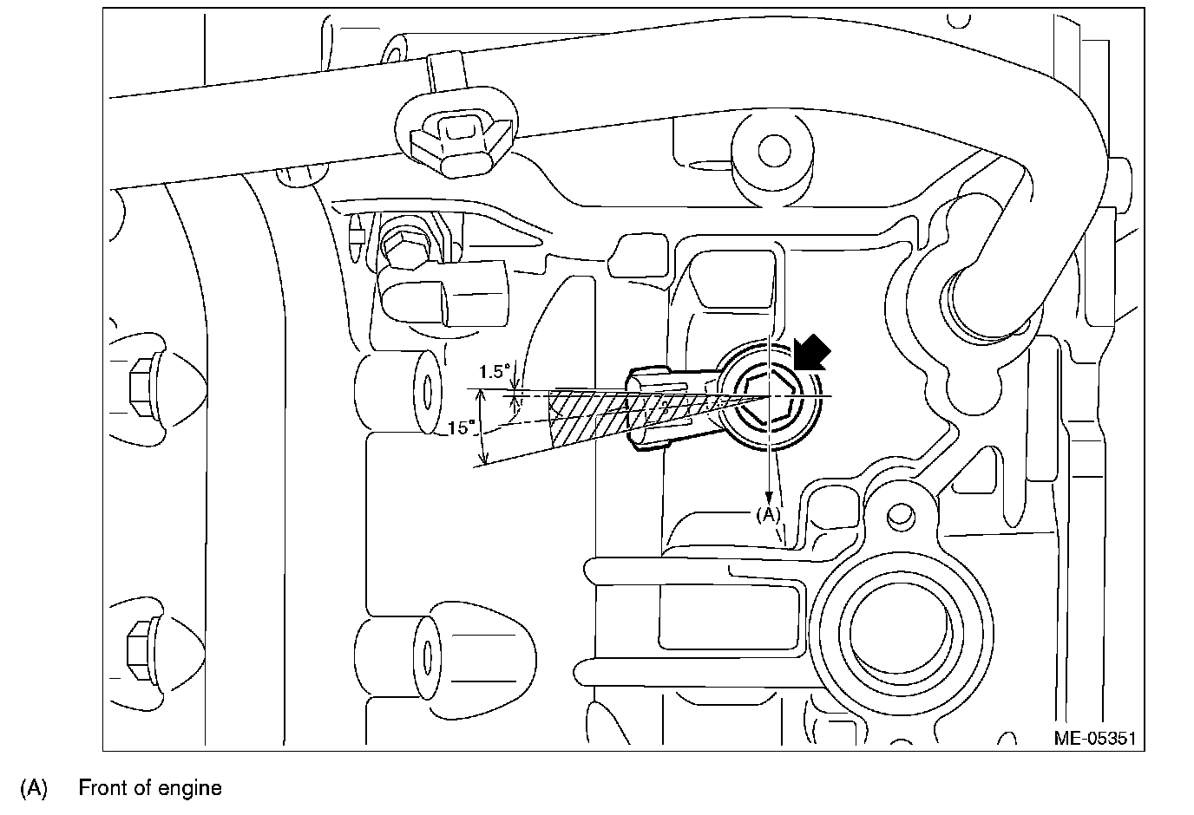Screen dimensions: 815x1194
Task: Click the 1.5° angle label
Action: pyautogui.click(x=495, y=373)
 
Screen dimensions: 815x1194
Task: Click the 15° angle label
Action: pyautogui.click(x=461, y=427)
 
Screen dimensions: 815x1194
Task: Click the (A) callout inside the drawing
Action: pyautogui.click(x=768, y=514)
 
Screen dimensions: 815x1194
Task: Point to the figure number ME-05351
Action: pyautogui.click(x=1094, y=739)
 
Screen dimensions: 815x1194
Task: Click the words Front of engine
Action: pyautogui.click(x=150, y=788)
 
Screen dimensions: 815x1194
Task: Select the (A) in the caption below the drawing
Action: pyautogui.click(x=33, y=788)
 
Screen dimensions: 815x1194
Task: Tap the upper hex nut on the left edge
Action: pyautogui.click(x=141, y=382)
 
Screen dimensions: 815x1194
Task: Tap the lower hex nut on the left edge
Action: pyautogui.click(x=141, y=642)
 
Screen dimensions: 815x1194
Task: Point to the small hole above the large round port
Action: pyautogui.click(x=902, y=517)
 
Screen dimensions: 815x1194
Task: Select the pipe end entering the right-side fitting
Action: pyautogui.click(x=976, y=299)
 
